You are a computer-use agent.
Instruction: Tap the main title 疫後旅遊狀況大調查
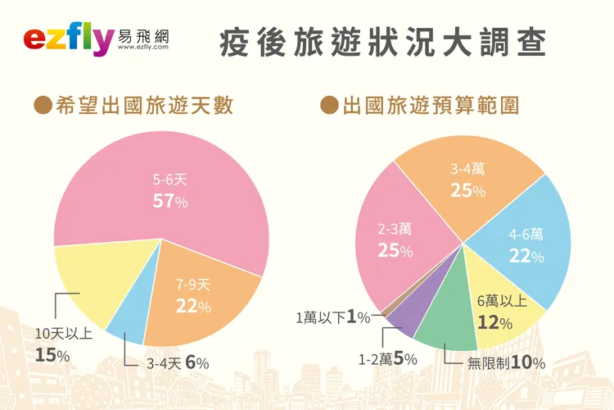pos(382,43)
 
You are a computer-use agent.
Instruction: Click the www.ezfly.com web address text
pos(143,48)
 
